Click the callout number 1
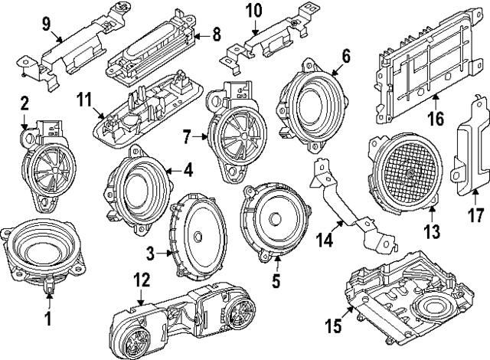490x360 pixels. (48, 316)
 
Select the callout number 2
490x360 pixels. (24, 102)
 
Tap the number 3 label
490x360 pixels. (151, 251)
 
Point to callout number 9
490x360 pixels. (46, 24)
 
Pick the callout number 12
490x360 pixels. (139, 282)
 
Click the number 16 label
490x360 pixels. (436, 119)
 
